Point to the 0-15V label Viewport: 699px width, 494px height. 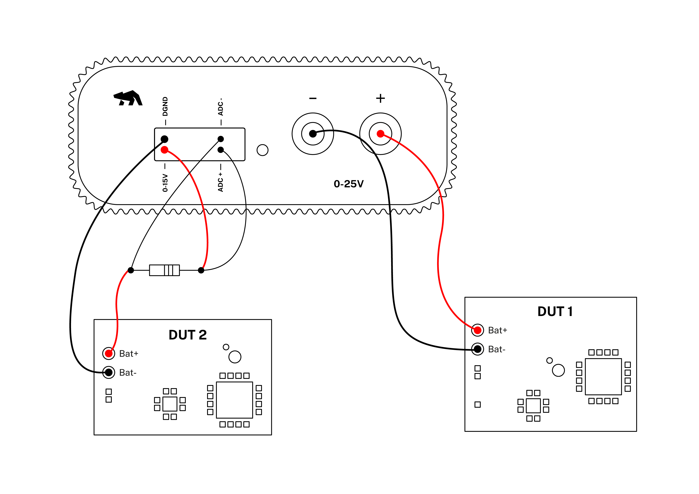(165, 183)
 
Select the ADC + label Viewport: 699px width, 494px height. (220, 182)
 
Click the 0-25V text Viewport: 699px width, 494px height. (349, 184)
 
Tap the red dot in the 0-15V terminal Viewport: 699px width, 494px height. (164, 150)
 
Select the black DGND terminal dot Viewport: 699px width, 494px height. (164, 139)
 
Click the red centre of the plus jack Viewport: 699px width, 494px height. (380, 134)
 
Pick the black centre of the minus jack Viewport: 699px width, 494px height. (313, 134)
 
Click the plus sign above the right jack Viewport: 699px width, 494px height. (380, 98)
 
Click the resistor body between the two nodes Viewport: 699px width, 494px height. (164, 270)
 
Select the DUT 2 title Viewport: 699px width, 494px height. (188, 335)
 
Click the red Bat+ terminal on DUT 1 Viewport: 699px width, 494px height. (477, 330)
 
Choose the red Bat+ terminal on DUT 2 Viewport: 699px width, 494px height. (109, 354)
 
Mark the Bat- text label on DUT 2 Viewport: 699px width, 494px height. (128, 373)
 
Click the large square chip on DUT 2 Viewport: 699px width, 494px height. (234, 400)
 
